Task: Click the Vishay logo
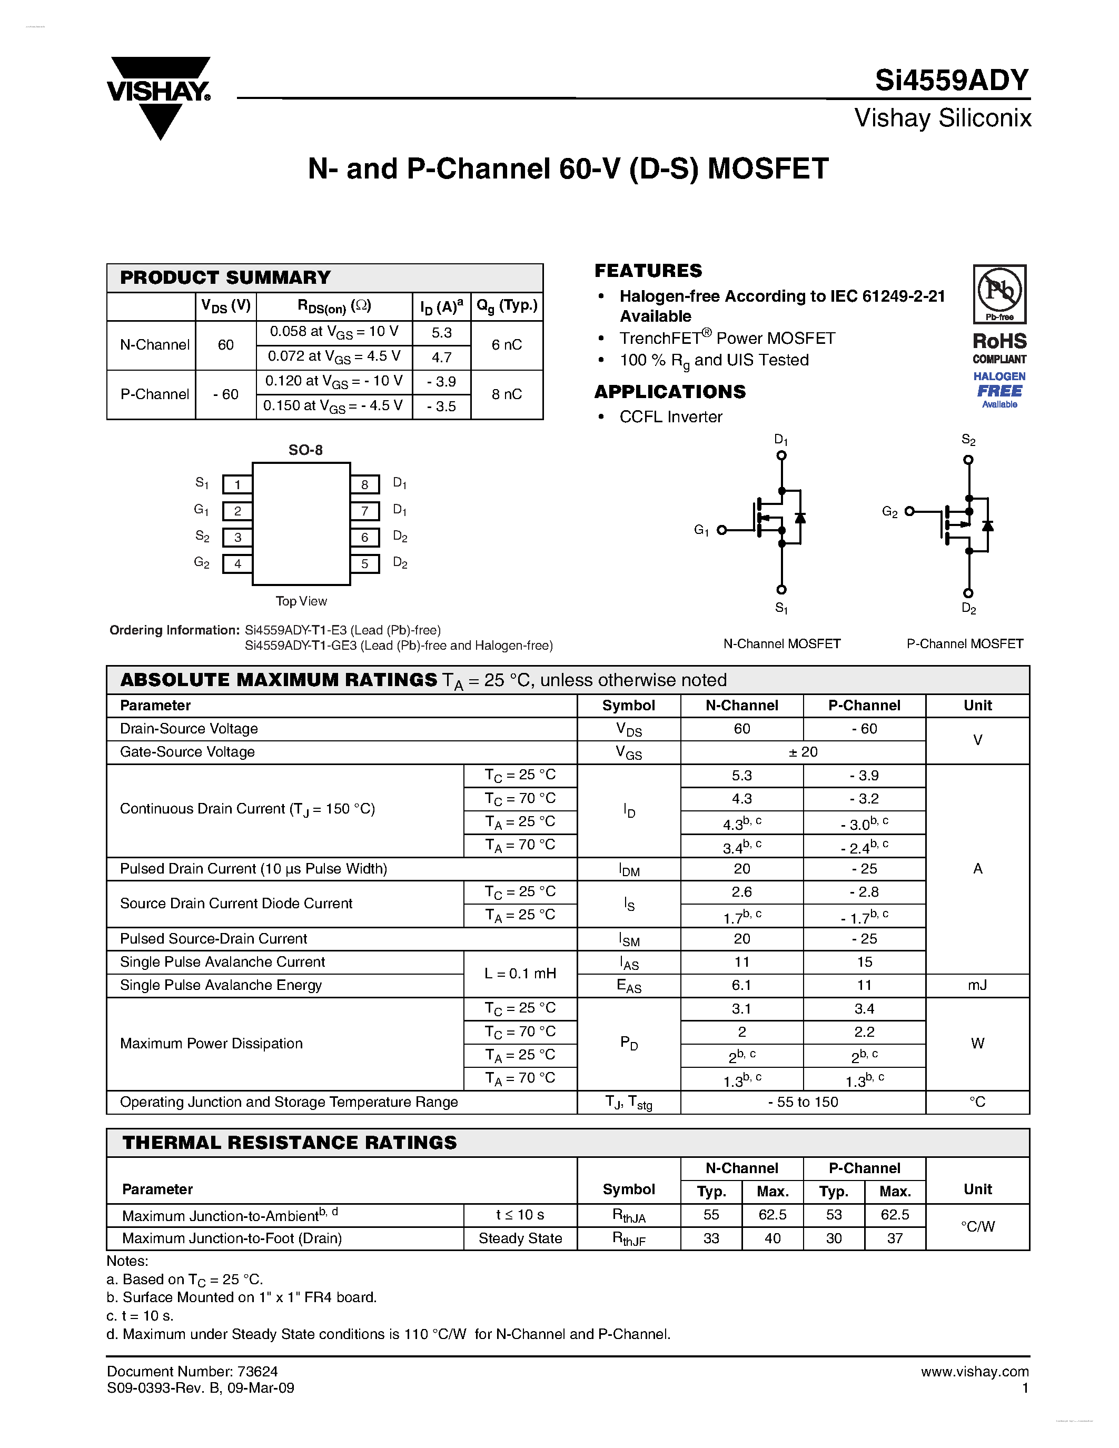tap(159, 96)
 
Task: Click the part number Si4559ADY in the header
tap(952, 80)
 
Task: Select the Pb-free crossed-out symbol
tap(999, 291)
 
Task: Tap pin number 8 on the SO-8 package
tap(364, 484)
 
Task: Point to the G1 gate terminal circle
tap(722, 530)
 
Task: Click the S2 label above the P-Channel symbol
tap(968, 440)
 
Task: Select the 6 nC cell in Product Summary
tap(507, 345)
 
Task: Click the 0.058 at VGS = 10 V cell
tap(334, 332)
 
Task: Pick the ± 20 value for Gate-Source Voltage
tap(803, 752)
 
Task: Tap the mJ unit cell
tap(977, 985)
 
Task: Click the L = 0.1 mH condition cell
tap(520, 973)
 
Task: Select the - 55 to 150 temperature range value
tap(803, 1102)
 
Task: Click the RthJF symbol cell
tap(628, 1238)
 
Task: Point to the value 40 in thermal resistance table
tap(773, 1238)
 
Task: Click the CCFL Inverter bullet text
tap(670, 417)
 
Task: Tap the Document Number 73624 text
tap(192, 1371)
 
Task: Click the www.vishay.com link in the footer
tap(975, 1371)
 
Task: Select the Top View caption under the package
tap(301, 601)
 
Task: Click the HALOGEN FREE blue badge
tap(999, 389)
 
